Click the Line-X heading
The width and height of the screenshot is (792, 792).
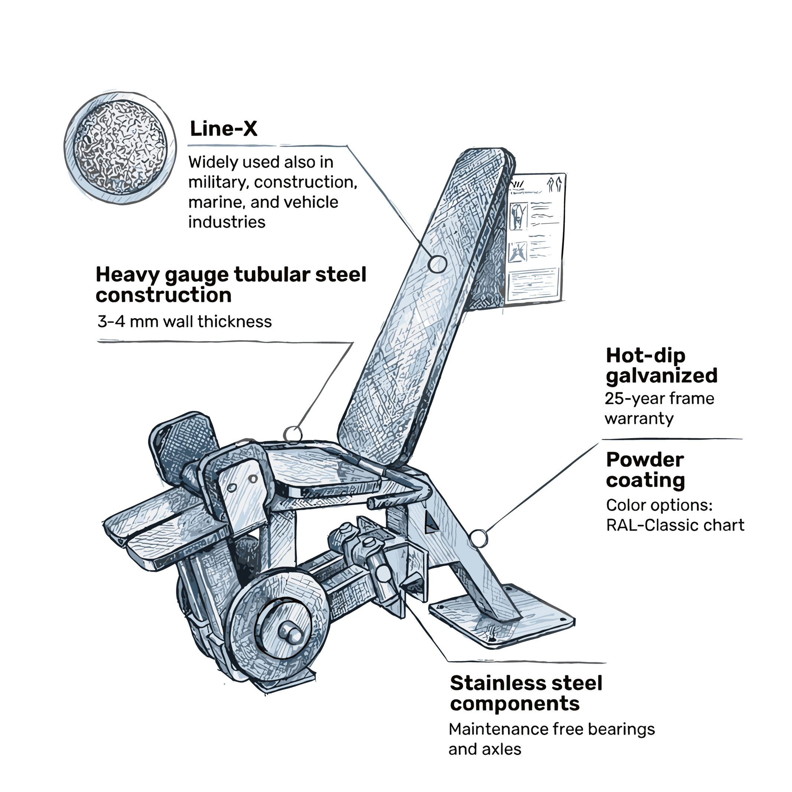tap(223, 129)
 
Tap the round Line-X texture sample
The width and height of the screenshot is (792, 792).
tap(120, 148)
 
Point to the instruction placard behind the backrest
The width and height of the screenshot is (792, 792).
tap(535, 238)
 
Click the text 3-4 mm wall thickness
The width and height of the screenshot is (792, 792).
tap(184, 322)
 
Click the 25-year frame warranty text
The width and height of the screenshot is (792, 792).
tap(659, 408)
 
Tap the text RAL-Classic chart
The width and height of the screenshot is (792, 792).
tap(675, 525)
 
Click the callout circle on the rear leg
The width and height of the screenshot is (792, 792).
tap(478, 538)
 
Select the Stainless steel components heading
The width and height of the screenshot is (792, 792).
tap(526, 693)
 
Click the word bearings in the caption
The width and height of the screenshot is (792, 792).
tap(621, 729)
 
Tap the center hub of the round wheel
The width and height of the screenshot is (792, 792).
tap(291, 632)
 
